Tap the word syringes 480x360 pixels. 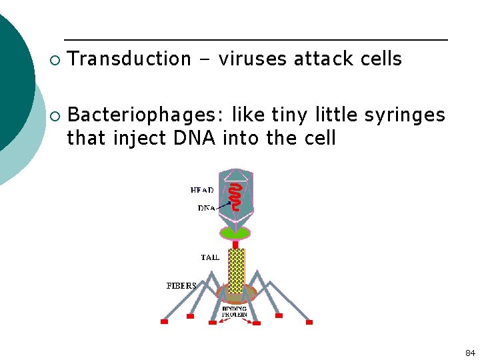coord(405,115)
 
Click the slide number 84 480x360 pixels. coord(470,353)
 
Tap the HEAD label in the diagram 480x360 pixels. coord(202,190)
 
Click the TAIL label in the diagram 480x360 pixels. coord(210,257)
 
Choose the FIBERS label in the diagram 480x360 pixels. coord(181,285)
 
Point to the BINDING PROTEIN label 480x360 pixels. coord(235,311)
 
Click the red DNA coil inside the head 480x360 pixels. coord(235,197)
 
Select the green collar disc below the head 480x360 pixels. coord(235,233)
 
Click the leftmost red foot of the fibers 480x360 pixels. coord(164,321)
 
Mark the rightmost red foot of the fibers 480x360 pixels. coord(309,322)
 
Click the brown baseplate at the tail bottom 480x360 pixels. coord(237,293)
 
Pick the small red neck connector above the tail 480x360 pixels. coord(235,244)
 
